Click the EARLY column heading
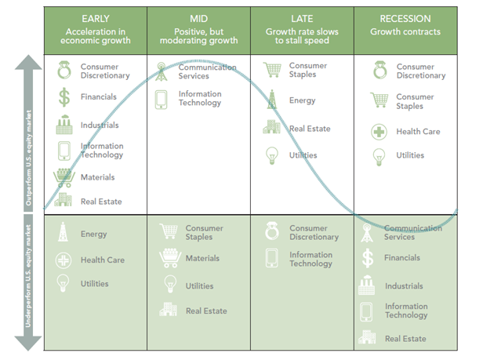[96, 19]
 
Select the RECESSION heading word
[405, 19]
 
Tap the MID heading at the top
[199, 19]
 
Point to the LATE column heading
[302, 19]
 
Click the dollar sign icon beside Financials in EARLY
[64, 97]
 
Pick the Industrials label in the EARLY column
[100, 125]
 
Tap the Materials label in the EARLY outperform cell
[98, 177]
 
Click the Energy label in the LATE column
[302, 100]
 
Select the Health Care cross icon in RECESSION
[379, 132]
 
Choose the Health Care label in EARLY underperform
[103, 260]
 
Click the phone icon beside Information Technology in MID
[161, 100]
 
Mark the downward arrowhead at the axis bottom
[28, 344]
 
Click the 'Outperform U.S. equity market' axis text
[29, 158]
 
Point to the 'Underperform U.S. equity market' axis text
[28, 276]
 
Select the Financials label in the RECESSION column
[402, 258]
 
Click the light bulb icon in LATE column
[272, 155]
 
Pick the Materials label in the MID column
[202, 259]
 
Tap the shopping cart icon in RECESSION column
[380, 100]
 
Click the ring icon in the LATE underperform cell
[272, 231]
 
